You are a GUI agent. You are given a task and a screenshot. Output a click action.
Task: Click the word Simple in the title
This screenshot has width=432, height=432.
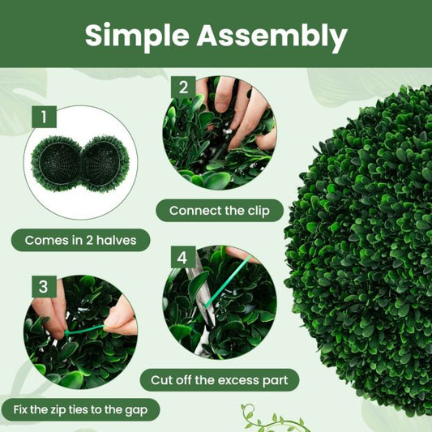tap(137, 36)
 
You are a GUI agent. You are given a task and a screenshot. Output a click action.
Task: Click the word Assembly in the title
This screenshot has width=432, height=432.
tap(272, 36)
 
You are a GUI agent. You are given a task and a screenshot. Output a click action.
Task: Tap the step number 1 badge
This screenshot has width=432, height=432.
tap(44, 117)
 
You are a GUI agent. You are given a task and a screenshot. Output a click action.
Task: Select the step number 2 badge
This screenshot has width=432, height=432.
tap(183, 88)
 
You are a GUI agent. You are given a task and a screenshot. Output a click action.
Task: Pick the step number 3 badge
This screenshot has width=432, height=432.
tap(44, 287)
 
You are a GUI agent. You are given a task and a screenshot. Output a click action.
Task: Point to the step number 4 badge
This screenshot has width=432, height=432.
tap(183, 257)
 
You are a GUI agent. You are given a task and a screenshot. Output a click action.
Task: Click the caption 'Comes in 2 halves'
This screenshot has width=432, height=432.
tap(80, 240)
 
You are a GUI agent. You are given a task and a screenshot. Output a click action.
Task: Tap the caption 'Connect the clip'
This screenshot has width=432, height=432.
tap(220, 211)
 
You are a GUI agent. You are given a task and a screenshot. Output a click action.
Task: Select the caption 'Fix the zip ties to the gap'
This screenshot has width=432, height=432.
tap(80, 409)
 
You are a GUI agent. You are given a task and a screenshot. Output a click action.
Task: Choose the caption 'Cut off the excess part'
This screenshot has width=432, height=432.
tap(220, 380)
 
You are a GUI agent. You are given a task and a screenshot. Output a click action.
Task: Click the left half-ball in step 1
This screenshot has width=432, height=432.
tap(58, 164)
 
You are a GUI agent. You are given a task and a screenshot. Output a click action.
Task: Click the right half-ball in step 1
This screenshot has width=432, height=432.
tap(106, 164)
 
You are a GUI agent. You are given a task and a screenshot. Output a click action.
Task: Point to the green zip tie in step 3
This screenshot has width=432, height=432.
tap(84, 331)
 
